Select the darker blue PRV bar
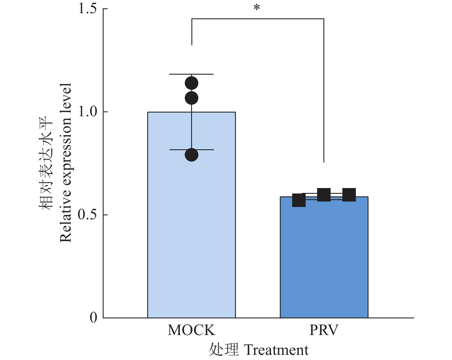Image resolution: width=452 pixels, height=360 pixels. tap(324, 258)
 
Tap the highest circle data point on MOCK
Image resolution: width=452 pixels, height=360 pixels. tap(191, 84)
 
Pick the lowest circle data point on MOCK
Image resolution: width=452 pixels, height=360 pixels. tap(191, 155)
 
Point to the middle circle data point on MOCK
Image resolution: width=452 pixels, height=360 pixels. tap(191, 98)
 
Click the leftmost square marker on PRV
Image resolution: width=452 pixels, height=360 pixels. tap(299, 200)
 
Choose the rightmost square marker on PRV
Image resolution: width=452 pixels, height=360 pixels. tap(349, 195)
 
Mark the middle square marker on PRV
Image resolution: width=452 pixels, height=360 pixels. tap(324, 195)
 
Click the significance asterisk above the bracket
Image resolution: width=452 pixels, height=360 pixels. tap(257, 8)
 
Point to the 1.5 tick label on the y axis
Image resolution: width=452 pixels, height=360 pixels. tap(88, 9)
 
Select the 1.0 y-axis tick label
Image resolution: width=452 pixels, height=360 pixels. tap(88, 112)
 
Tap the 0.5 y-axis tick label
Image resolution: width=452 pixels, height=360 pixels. tap(88, 215)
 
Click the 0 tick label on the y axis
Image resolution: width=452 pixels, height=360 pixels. tap(94, 318)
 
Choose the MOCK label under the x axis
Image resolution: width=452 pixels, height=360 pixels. tap(191, 330)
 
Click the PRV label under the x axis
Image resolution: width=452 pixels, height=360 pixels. tap(324, 330)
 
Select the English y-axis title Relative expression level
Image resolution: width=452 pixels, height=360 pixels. tap(65, 163)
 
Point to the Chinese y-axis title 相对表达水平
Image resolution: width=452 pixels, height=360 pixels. tap(46, 163)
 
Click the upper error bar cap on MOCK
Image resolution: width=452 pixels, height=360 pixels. tap(191, 74)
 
